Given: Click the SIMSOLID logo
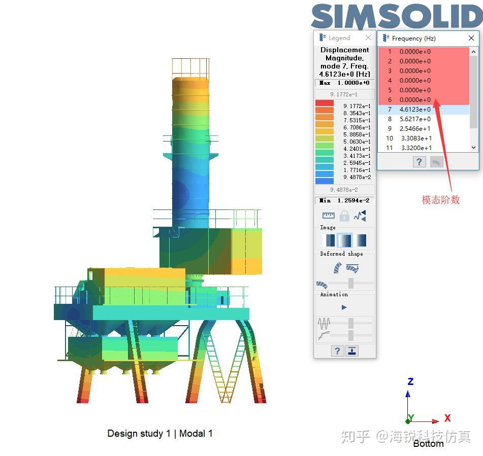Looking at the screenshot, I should click(396, 17).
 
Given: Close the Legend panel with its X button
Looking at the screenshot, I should click(368, 38).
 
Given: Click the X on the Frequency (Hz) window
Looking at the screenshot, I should click(471, 38).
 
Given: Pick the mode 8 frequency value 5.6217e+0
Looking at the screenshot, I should click(415, 119).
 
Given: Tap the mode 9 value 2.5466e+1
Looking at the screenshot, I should click(415, 129).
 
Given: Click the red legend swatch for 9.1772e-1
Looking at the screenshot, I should click(325, 103).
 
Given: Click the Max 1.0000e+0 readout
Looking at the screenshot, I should click(345, 83).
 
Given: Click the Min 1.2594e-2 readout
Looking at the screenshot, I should click(345, 200).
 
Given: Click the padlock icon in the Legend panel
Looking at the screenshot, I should click(344, 216).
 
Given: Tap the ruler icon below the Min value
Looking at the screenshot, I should click(328, 216).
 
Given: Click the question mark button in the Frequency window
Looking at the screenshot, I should click(418, 162).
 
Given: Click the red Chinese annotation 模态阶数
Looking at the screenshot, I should click(440, 200).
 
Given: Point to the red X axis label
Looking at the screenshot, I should click(447, 418).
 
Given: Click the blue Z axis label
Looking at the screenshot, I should click(410, 381).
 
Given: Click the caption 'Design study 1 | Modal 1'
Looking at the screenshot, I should click(160, 434).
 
